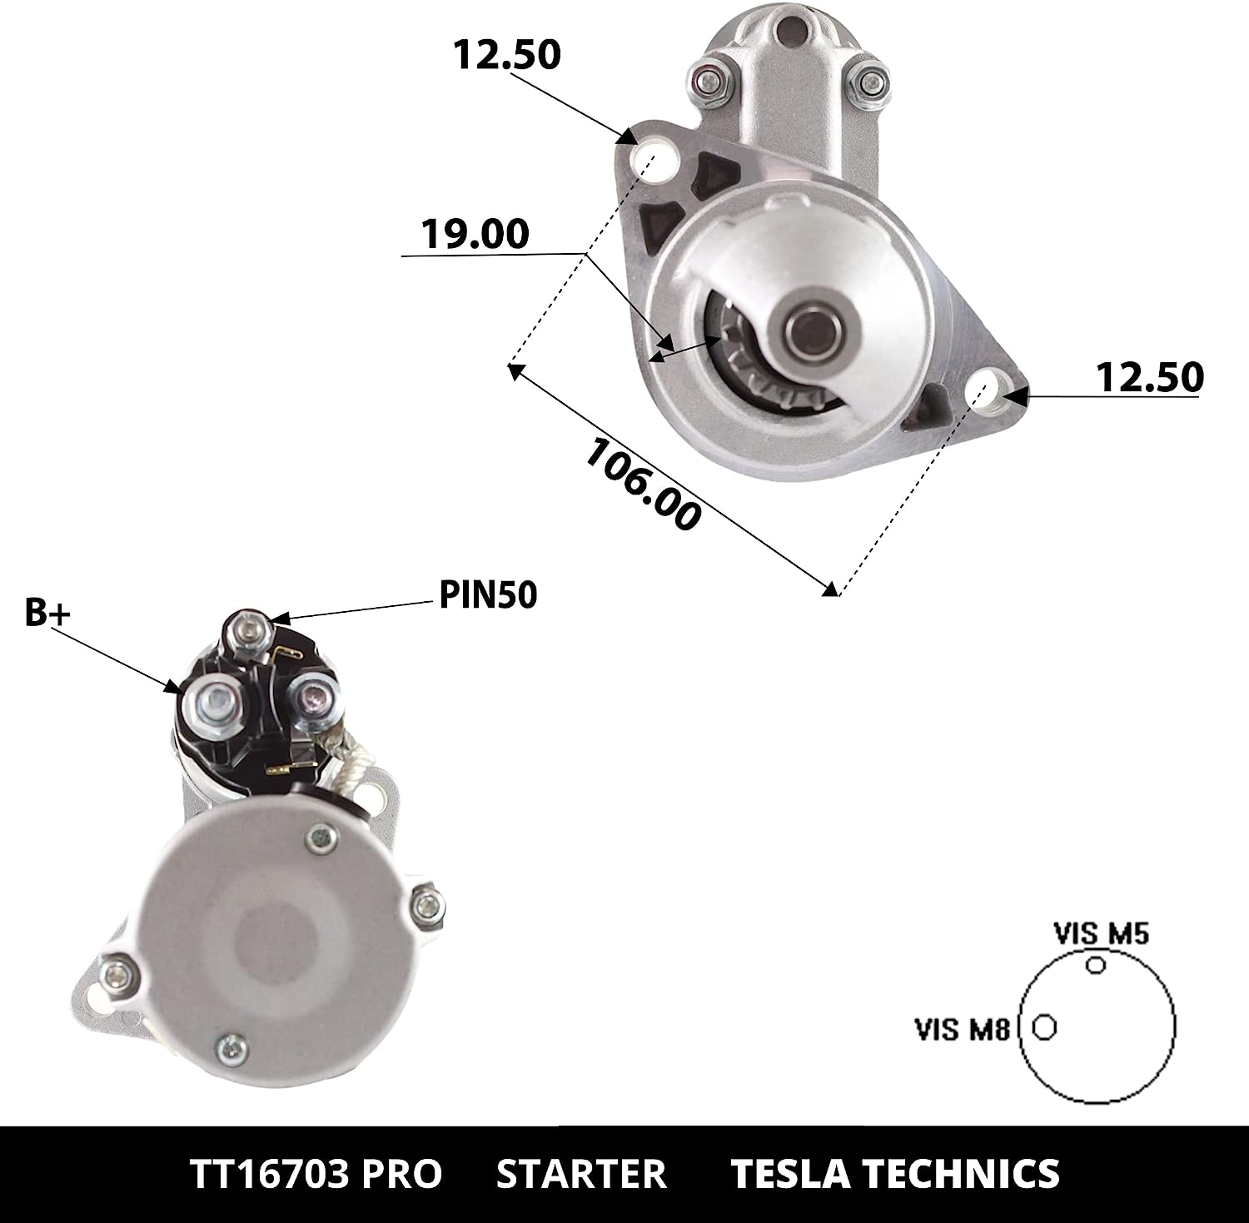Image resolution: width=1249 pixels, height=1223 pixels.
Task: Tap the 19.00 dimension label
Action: [475, 234]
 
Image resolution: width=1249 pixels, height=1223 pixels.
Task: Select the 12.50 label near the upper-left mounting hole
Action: [507, 55]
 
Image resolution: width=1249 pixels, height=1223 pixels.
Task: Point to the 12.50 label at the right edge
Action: [1150, 377]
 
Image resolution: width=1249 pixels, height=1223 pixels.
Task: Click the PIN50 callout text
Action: [489, 595]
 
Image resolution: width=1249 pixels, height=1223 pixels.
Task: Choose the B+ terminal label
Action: [48, 612]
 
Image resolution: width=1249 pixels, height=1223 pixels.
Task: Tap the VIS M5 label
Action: [1101, 934]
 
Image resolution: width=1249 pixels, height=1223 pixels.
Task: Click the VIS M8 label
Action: [963, 1030]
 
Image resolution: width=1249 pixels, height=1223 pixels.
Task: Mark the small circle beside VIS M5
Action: [1097, 964]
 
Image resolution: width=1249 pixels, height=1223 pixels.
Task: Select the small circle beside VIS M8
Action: [1044, 1027]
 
